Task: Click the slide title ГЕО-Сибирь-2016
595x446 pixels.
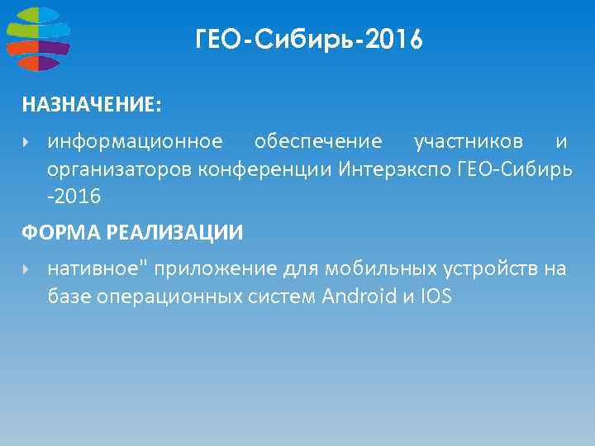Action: point(309,39)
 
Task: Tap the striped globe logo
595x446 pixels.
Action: point(37,38)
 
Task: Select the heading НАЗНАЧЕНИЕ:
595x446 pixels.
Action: point(92,105)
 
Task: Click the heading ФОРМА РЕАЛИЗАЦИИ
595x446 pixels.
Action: point(132,233)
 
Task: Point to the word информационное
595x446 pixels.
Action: point(135,142)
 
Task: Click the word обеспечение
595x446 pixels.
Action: point(318,142)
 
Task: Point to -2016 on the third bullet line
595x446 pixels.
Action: point(74,197)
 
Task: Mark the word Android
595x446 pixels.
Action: point(361,297)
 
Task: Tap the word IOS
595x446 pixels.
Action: point(436,297)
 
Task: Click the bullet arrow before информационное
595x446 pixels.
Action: point(26,142)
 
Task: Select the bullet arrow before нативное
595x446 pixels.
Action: point(26,269)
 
